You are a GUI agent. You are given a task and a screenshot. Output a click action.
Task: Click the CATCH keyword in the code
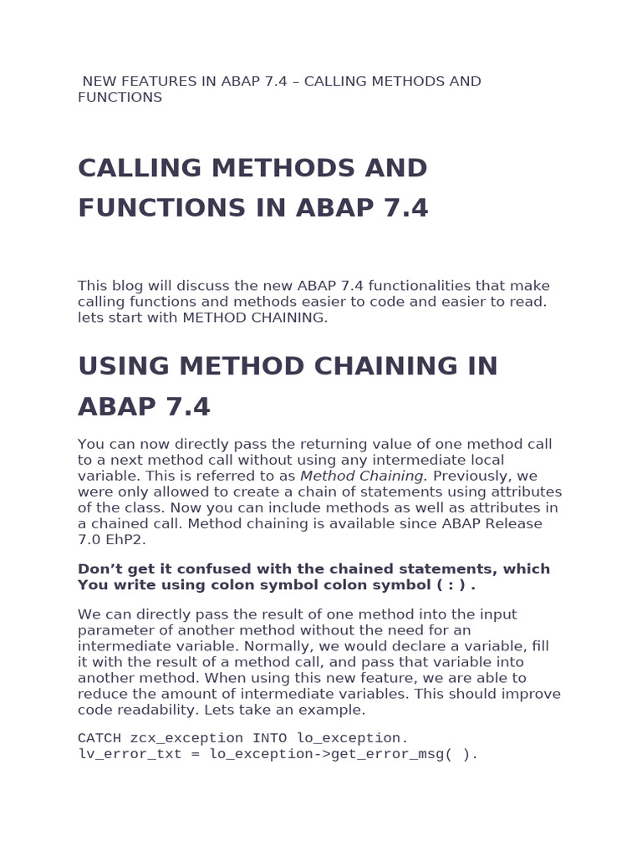tap(99, 738)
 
